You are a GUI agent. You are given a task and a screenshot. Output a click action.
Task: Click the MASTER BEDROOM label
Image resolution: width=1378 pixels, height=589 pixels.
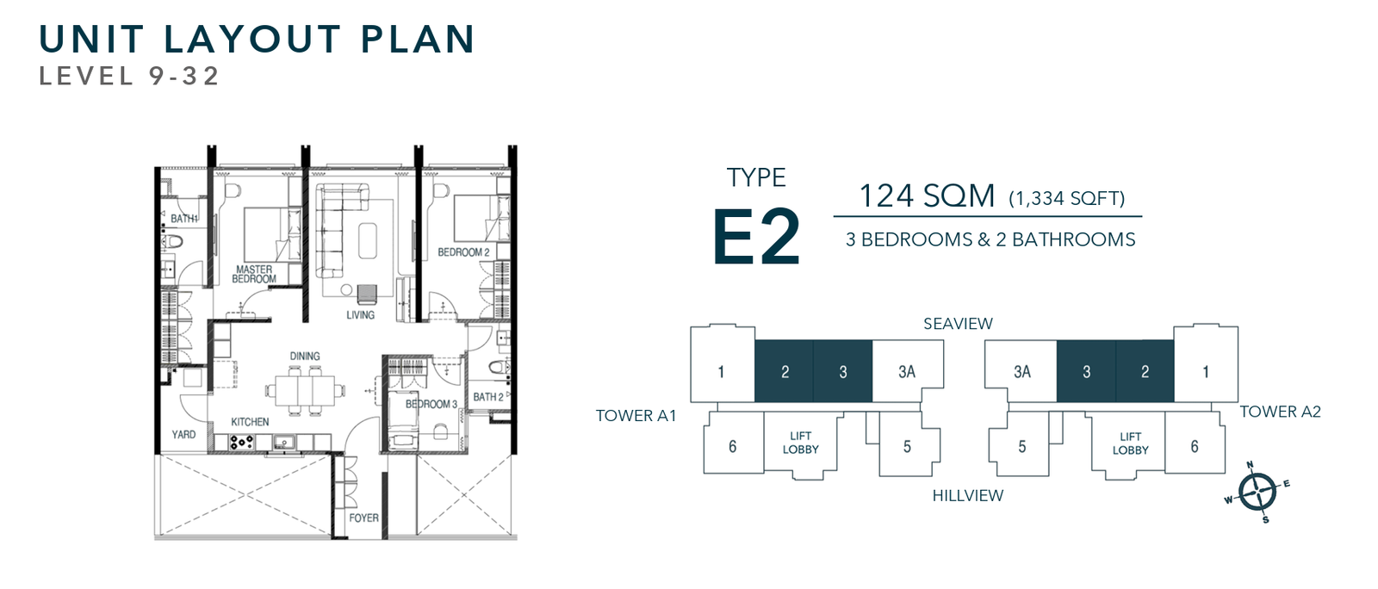tap(254, 274)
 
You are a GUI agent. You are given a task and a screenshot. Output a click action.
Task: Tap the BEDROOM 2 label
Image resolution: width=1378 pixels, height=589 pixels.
tap(463, 252)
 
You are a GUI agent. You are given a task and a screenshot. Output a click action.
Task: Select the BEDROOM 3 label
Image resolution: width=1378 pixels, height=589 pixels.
tap(431, 404)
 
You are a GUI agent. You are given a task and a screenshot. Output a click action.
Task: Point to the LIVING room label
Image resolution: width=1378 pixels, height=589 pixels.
tap(361, 315)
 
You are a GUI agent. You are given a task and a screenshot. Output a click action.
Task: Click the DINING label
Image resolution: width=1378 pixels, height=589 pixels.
tap(305, 356)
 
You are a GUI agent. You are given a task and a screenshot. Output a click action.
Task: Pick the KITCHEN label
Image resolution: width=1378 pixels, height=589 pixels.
tap(250, 422)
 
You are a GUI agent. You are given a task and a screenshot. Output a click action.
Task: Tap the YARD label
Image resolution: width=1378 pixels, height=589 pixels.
tap(183, 434)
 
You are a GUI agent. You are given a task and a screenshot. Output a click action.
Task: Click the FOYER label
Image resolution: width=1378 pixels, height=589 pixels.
tap(363, 518)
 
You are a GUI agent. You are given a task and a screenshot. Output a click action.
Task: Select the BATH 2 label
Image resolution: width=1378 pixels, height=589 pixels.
tap(488, 397)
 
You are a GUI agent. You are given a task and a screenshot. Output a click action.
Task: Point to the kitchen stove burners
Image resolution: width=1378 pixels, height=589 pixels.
tap(241, 442)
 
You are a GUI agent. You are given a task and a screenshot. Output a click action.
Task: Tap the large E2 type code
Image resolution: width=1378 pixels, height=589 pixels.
tap(756, 237)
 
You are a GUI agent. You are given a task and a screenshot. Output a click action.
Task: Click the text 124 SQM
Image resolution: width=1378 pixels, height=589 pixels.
tap(927, 196)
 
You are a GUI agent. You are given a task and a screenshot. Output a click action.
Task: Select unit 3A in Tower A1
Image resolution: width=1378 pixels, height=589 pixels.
tap(907, 372)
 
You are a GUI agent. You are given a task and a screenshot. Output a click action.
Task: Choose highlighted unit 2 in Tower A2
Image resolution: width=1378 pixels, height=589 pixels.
tap(1145, 372)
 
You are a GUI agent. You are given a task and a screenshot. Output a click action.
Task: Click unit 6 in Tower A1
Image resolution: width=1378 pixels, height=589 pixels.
tap(733, 446)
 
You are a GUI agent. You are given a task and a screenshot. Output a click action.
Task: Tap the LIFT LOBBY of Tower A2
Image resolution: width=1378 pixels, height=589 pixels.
tap(1130, 443)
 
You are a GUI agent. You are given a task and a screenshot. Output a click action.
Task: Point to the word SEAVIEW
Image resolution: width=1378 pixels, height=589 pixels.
tap(958, 324)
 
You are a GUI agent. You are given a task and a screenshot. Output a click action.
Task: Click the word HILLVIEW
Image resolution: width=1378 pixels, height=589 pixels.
tap(967, 495)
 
